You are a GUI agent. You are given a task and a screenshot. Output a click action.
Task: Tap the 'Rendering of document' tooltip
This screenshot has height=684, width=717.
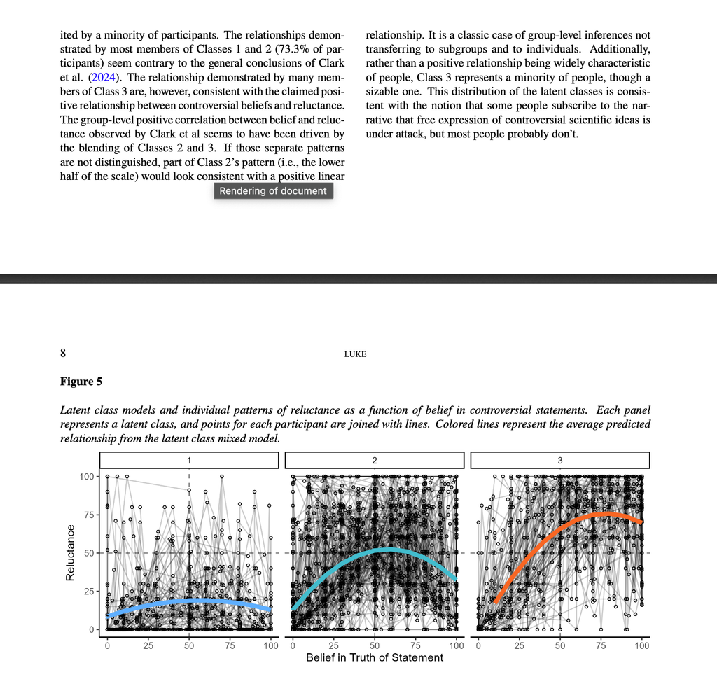coord(273,190)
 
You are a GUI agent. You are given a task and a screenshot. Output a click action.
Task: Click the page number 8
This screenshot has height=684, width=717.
coord(64,354)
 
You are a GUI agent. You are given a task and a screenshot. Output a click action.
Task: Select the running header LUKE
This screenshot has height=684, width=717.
coord(355,354)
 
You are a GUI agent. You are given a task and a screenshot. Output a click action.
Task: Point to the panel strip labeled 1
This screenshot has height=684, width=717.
coord(188,460)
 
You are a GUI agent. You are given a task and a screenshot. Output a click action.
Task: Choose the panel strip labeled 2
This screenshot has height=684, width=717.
coord(375,460)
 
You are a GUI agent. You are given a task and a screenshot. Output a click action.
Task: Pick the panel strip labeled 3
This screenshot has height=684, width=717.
coord(560,460)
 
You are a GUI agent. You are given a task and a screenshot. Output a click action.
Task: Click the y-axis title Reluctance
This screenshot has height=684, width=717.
coord(70,553)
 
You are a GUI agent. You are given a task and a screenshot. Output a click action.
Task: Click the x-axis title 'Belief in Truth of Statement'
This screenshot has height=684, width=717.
coord(375,658)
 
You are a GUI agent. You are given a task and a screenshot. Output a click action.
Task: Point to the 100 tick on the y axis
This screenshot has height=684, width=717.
coord(86,477)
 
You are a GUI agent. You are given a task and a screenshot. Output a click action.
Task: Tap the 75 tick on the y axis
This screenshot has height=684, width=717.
coord(89,515)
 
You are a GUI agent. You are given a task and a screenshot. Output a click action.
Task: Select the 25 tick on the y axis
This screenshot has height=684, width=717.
coord(89,592)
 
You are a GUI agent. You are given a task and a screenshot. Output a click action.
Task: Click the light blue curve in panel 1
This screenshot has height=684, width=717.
coord(189,601)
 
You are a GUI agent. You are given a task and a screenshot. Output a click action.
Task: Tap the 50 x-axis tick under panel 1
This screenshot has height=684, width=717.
coord(189,645)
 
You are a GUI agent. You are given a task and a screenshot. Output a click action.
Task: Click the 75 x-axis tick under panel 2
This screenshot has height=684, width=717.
coord(415,645)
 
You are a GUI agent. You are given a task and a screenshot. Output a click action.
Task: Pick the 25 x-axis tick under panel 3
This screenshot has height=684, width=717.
coord(519,645)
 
